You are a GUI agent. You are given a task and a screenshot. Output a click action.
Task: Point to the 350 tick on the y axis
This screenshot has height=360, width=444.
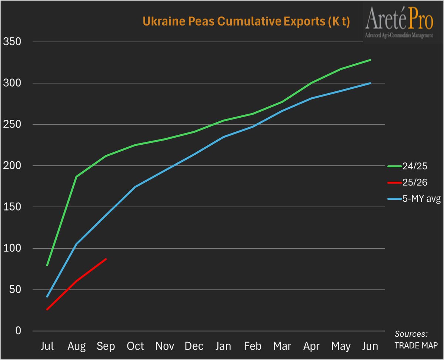12,42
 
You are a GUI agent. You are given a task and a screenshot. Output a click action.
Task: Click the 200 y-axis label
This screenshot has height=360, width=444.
12,166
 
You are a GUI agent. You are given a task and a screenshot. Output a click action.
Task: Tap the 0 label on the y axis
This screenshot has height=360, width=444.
17,331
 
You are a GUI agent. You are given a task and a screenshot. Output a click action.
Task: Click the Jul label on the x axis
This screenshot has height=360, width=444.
47,346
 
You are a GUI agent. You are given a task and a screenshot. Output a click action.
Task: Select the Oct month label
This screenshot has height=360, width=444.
136,346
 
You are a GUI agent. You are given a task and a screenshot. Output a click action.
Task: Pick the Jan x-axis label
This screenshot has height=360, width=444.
223,346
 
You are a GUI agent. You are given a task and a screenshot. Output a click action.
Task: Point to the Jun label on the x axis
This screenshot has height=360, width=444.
370,346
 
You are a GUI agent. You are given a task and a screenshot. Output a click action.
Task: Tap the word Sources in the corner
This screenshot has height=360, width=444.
411,334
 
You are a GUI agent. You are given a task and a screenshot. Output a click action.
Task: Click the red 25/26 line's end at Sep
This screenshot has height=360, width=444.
106,259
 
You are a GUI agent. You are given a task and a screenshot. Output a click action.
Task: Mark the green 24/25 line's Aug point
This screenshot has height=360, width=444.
77,177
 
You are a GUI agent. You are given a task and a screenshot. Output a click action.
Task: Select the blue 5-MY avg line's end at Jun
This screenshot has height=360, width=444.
370,83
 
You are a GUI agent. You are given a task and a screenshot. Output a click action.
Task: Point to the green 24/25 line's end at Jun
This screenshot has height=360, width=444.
370,60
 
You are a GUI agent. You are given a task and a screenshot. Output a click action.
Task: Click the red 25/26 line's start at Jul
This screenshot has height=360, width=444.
47,309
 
